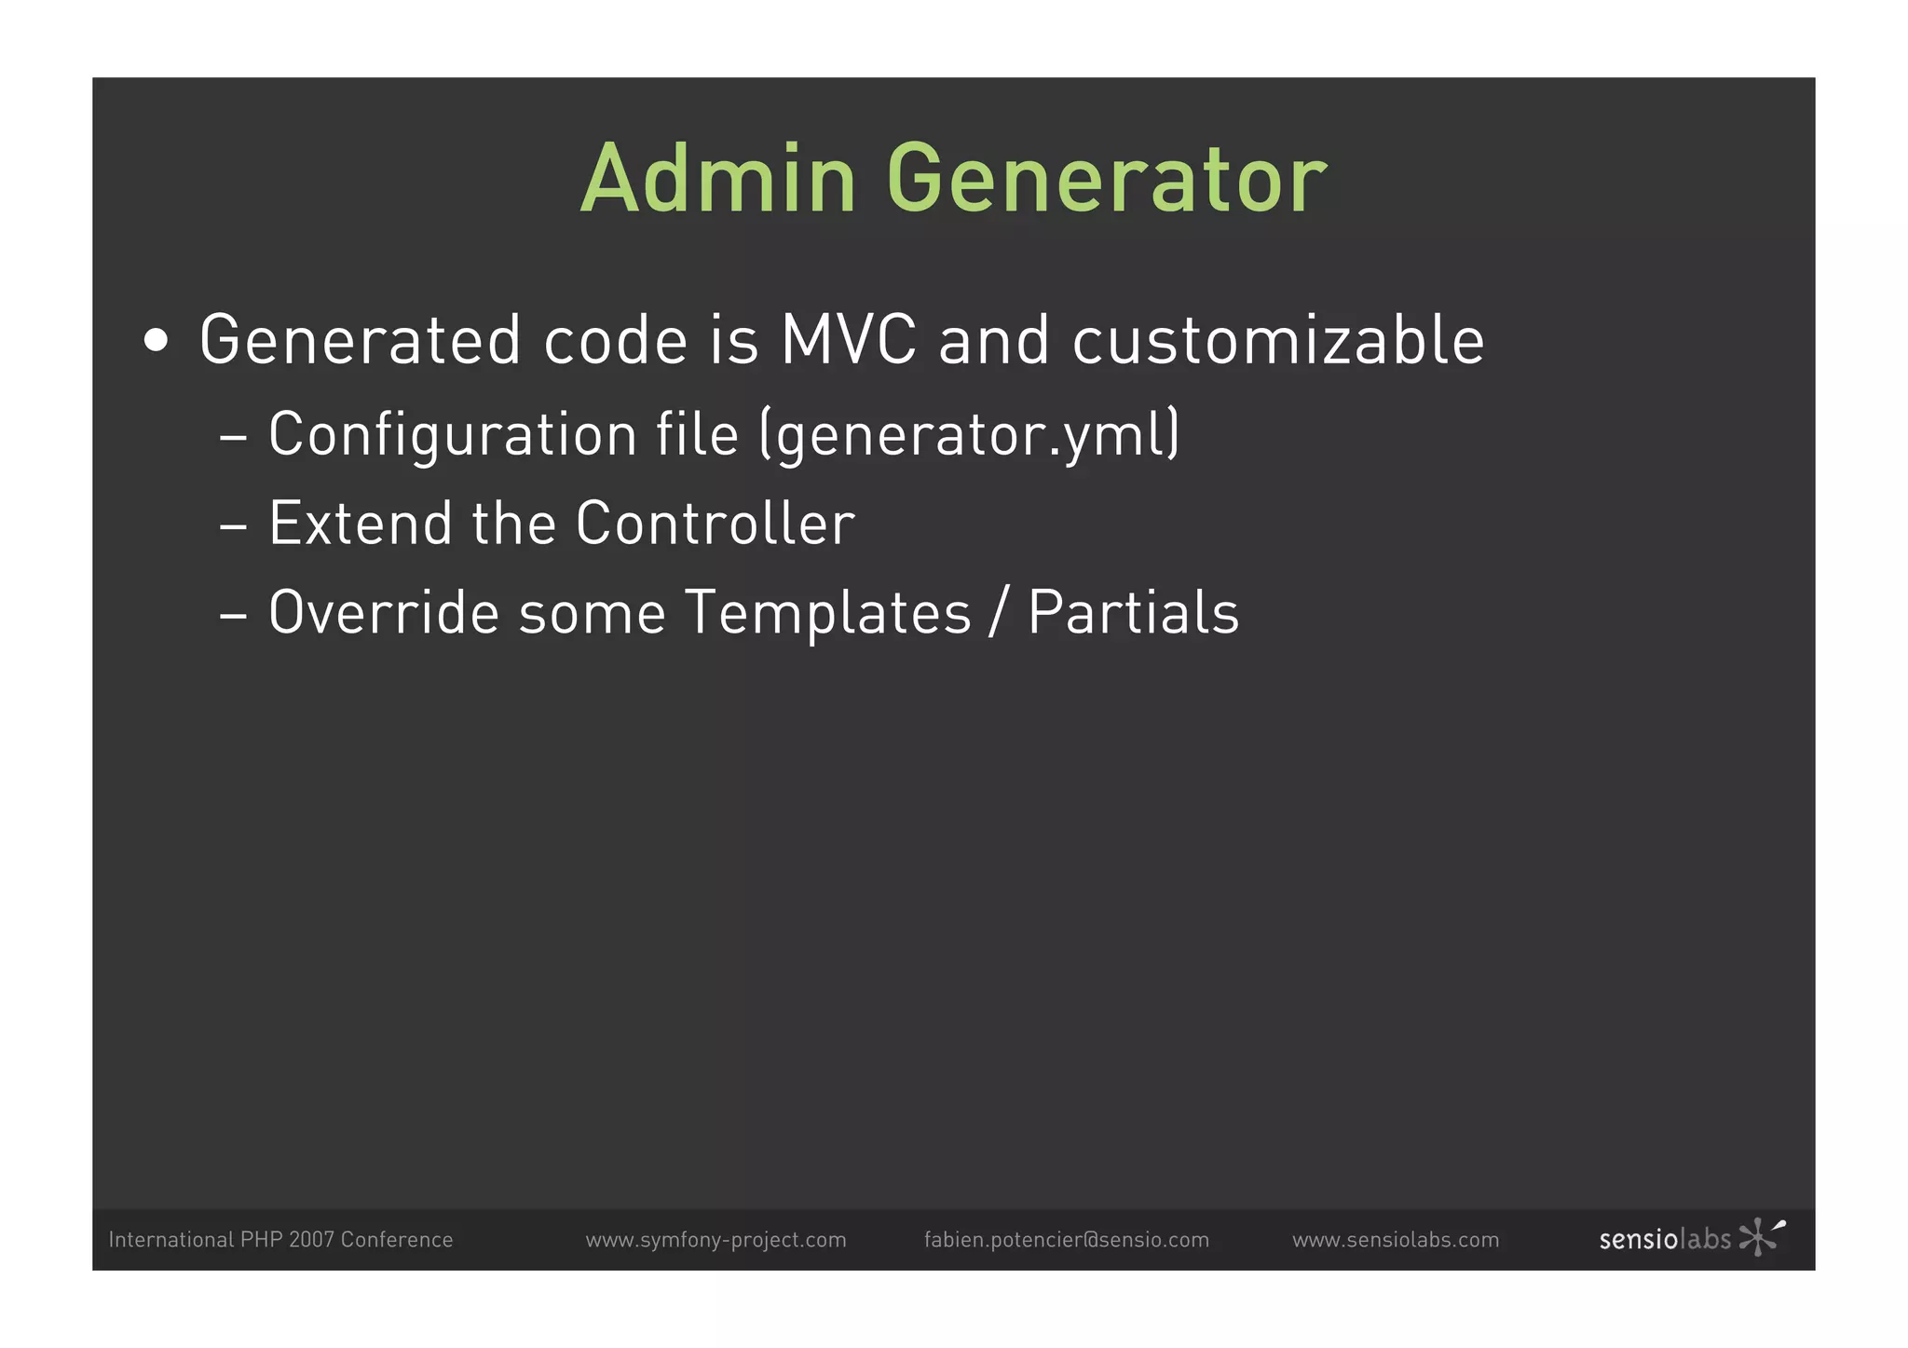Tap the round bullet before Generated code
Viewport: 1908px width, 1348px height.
pyautogui.click(x=157, y=341)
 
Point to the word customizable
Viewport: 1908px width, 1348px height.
pyautogui.click(x=1278, y=340)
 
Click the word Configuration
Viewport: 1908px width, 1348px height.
pyautogui.click(x=452, y=435)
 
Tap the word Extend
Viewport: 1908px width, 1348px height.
pyautogui.click(x=360, y=524)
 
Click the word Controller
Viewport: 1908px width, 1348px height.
pyautogui.click(x=715, y=524)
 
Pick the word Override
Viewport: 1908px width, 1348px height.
pyautogui.click(x=384, y=613)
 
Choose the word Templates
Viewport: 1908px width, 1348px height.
pyautogui.click(x=828, y=613)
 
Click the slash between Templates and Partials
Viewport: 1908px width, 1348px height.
pyautogui.click(x=999, y=613)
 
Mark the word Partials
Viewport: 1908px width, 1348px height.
pyautogui.click(x=1133, y=613)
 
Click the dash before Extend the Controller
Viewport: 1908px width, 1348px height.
pyautogui.click(x=233, y=526)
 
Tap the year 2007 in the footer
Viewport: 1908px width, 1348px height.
pyautogui.click(x=311, y=1240)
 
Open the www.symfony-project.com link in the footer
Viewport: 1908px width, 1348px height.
pyautogui.click(x=715, y=1240)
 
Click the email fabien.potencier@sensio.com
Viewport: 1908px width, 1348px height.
pyautogui.click(x=1066, y=1240)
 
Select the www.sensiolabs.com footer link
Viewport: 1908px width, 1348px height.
pyautogui.click(x=1395, y=1240)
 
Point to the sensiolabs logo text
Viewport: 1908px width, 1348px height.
pyautogui.click(x=1664, y=1240)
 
